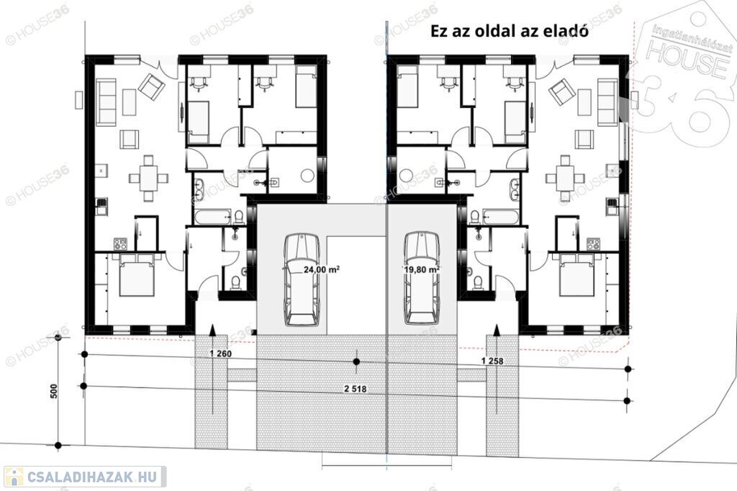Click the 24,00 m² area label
click(322, 269)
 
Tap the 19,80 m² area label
click(422, 269)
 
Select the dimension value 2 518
click(356, 389)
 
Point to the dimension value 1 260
click(220, 353)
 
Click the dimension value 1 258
click(492, 361)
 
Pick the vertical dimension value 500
click(53, 392)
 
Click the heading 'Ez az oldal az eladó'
click(510, 31)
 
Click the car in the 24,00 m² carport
click(302, 279)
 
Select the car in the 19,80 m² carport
click(422, 278)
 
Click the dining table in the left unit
click(149, 179)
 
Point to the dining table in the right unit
click(564, 179)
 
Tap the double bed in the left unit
click(136, 275)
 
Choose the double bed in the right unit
click(577, 275)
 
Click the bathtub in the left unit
click(213, 217)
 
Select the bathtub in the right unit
click(502, 217)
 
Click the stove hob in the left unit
click(121, 244)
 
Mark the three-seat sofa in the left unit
click(106, 102)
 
